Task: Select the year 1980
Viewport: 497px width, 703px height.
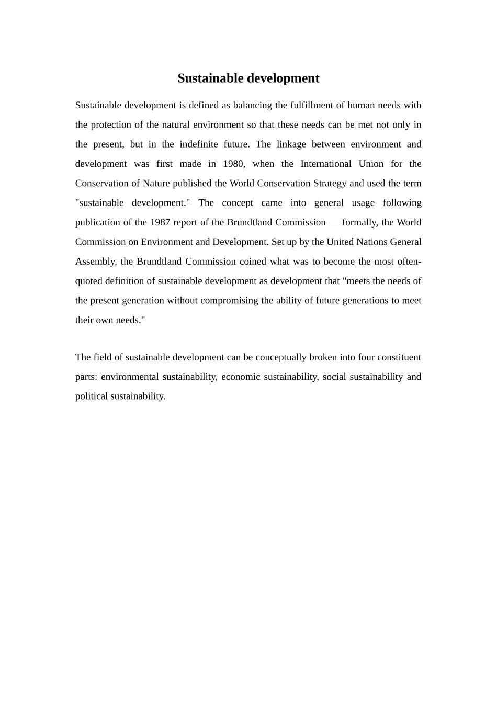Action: [x=233, y=164]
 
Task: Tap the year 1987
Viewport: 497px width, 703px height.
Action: [x=160, y=222]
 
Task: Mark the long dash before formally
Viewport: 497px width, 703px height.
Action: [x=334, y=222]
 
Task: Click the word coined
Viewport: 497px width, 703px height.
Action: [x=253, y=262]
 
